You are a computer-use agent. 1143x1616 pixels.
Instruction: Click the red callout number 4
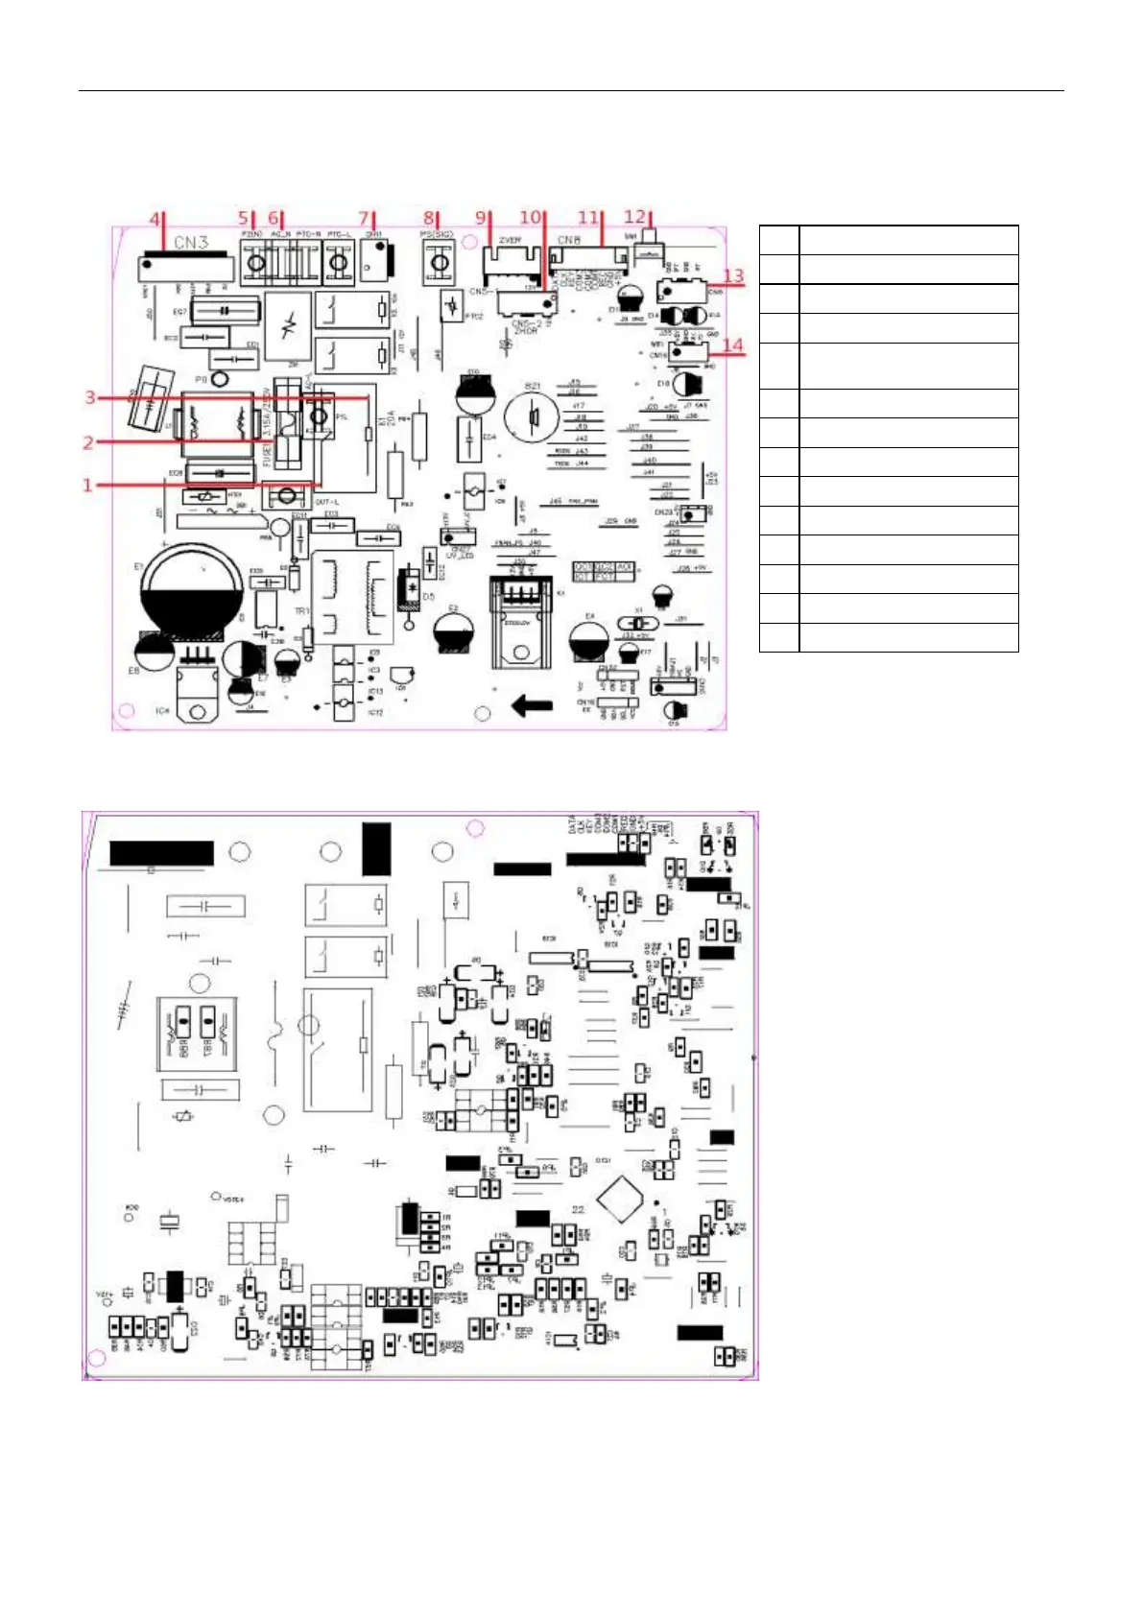point(155,219)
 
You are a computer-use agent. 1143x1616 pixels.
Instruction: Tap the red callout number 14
point(732,345)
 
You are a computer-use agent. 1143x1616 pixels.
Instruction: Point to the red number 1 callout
point(87,485)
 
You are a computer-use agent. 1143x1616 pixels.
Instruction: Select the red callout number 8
point(429,219)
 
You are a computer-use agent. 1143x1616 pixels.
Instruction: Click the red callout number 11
point(588,218)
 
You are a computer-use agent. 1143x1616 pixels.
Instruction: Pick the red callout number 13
point(732,276)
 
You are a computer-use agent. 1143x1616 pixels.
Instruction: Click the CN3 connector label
point(191,242)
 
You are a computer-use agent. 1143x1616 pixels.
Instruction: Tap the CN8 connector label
point(569,240)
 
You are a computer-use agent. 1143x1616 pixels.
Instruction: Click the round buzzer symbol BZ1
point(531,416)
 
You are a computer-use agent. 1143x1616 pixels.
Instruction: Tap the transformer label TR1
point(301,611)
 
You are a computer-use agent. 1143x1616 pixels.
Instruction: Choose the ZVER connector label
point(510,241)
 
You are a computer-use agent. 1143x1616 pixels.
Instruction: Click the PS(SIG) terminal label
point(437,233)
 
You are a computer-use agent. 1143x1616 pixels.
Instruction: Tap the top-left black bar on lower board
point(161,853)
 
